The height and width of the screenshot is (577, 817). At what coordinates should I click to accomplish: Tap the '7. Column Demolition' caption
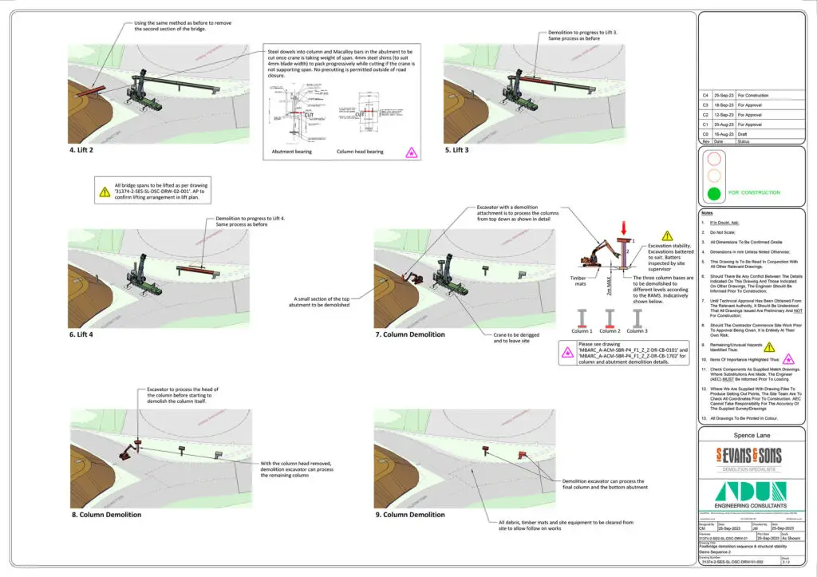click(x=408, y=334)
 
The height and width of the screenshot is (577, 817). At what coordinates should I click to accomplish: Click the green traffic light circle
click(x=714, y=192)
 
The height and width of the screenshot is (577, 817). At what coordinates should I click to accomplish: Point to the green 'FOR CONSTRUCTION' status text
click(x=763, y=192)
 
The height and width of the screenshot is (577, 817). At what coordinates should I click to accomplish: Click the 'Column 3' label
click(x=637, y=330)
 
